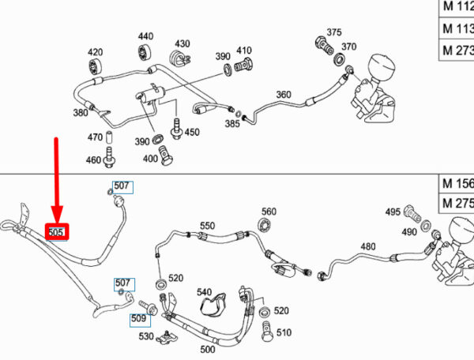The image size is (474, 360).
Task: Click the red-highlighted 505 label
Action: [x=57, y=233]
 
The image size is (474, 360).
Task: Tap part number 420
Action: [x=95, y=51]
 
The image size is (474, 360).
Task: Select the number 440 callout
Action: [x=146, y=36]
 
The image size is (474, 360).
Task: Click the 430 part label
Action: [x=182, y=43]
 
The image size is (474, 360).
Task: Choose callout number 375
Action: [x=334, y=32]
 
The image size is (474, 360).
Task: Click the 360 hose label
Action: [x=284, y=96]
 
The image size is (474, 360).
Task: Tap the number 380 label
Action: [x=81, y=113]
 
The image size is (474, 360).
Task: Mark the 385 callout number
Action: [x=232, y=124]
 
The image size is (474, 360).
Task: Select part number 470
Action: [x=94, y=137]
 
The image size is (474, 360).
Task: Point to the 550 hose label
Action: [x=207, y=226]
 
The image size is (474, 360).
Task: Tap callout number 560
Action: [x=269, y=212]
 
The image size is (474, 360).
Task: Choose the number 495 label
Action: [x=393, y=212]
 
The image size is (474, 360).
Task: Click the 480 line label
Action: [x=367, y=246]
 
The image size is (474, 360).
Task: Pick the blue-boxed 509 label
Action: [x=140, y=319]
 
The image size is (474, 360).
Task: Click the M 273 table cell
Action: [x=457, y=49]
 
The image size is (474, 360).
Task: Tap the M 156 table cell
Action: [x=457, y=184]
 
